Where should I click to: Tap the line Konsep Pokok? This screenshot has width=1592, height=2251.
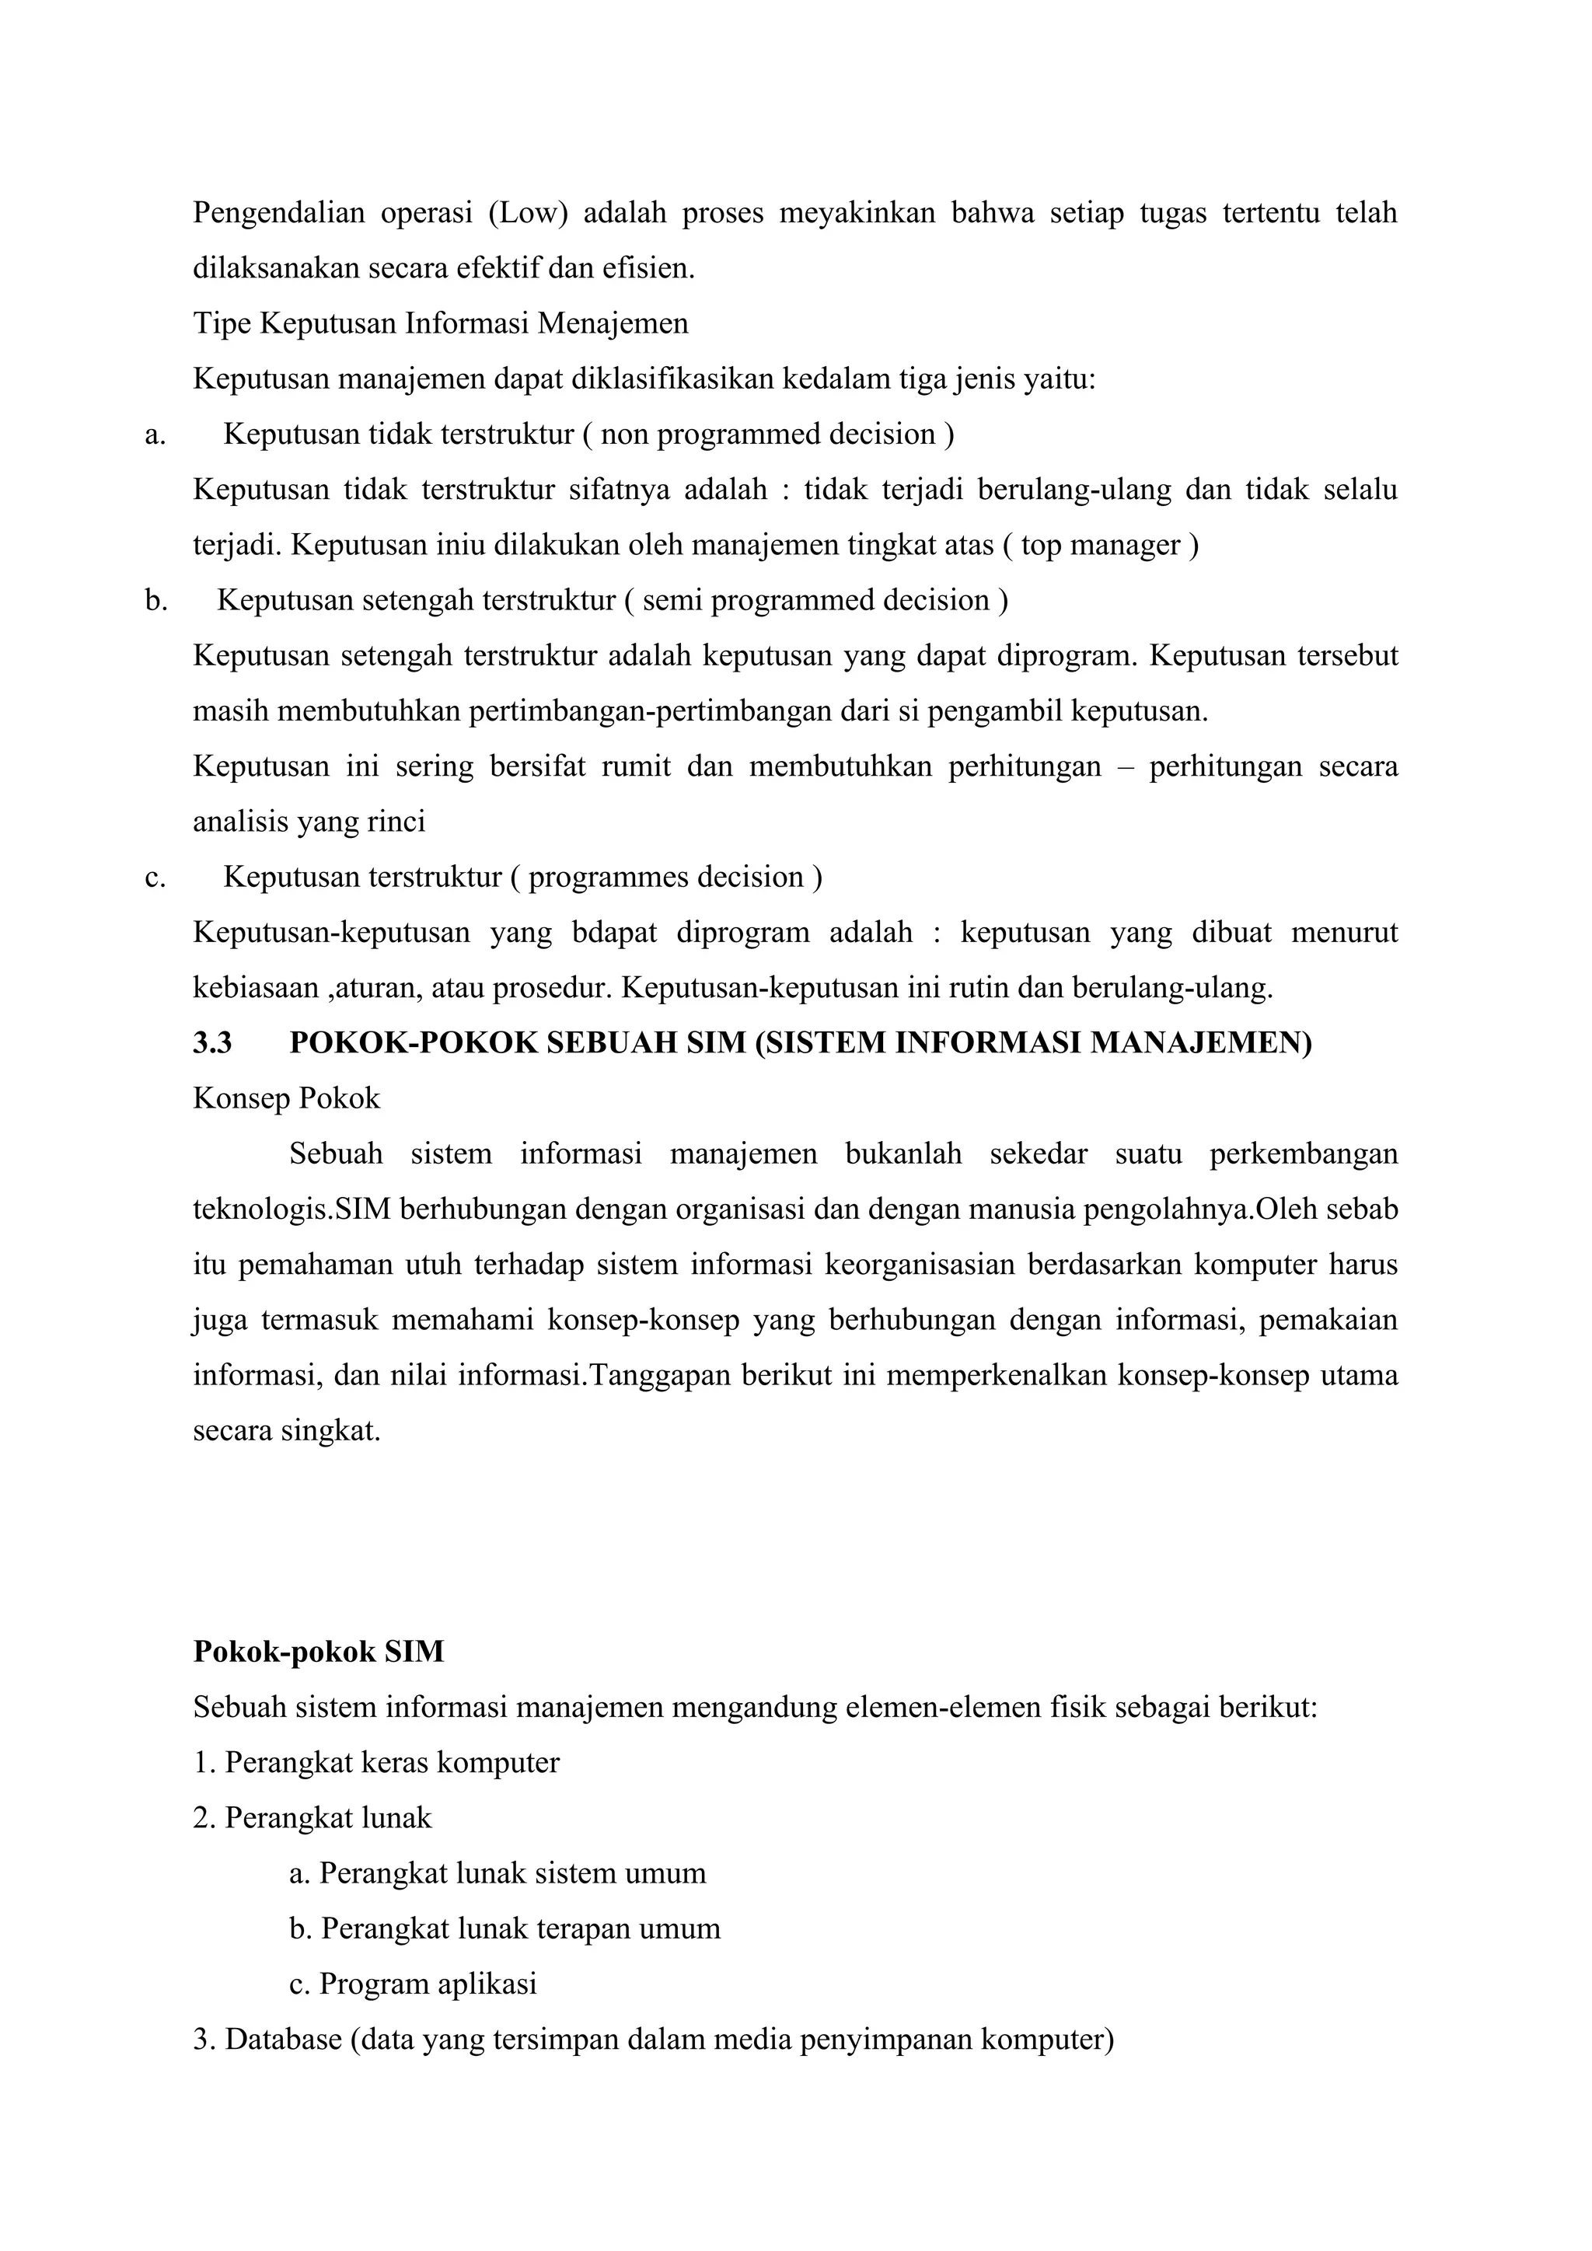coord(286,1098)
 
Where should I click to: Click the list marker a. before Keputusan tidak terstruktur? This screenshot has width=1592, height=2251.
coord(155,434)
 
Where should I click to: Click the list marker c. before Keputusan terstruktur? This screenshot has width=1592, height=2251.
coord(155,877)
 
